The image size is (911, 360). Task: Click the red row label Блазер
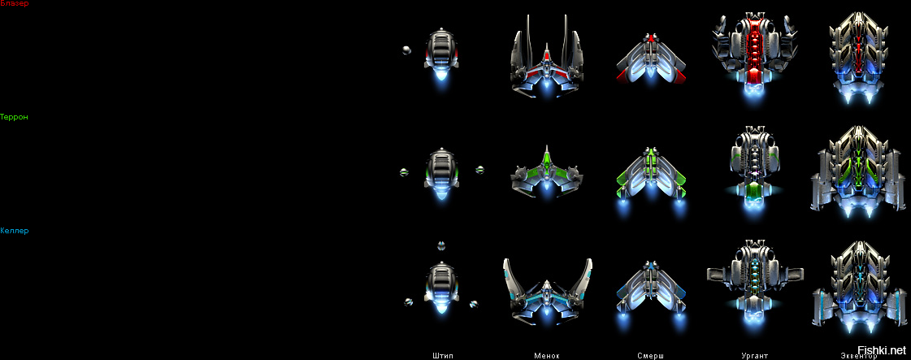click(15, 4)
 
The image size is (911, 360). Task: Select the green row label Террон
click(15, 117)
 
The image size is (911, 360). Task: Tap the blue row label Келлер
click(15, 231)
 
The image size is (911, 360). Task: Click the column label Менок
click(547, 355)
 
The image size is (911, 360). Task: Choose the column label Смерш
click(650, 355)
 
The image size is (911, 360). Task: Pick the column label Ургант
click(754, 355)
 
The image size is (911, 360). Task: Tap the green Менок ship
click(547, 172)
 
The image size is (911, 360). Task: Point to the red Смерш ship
click(650, 59)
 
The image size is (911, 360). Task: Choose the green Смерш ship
click(650, 175)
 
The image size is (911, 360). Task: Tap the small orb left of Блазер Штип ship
click(406, 50)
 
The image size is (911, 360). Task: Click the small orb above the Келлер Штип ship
click(441, 245)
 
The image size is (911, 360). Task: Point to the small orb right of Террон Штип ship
click(479, 170)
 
